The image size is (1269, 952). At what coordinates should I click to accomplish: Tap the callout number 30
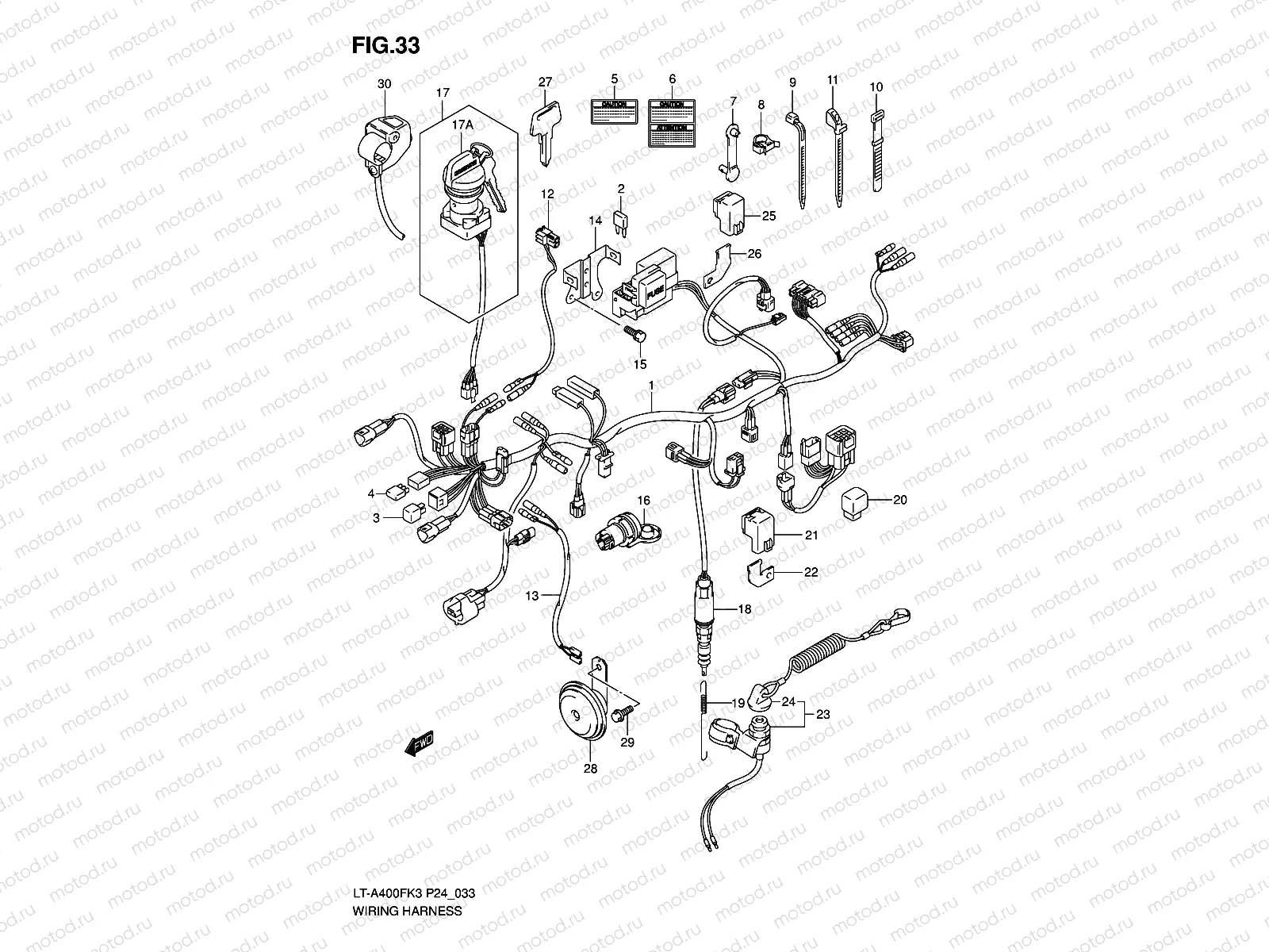(384, 84)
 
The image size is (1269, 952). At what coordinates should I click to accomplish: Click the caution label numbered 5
(613, 111)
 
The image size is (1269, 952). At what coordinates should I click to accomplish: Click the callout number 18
(744, 609)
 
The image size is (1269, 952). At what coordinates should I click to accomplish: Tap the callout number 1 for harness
(650, 385)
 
